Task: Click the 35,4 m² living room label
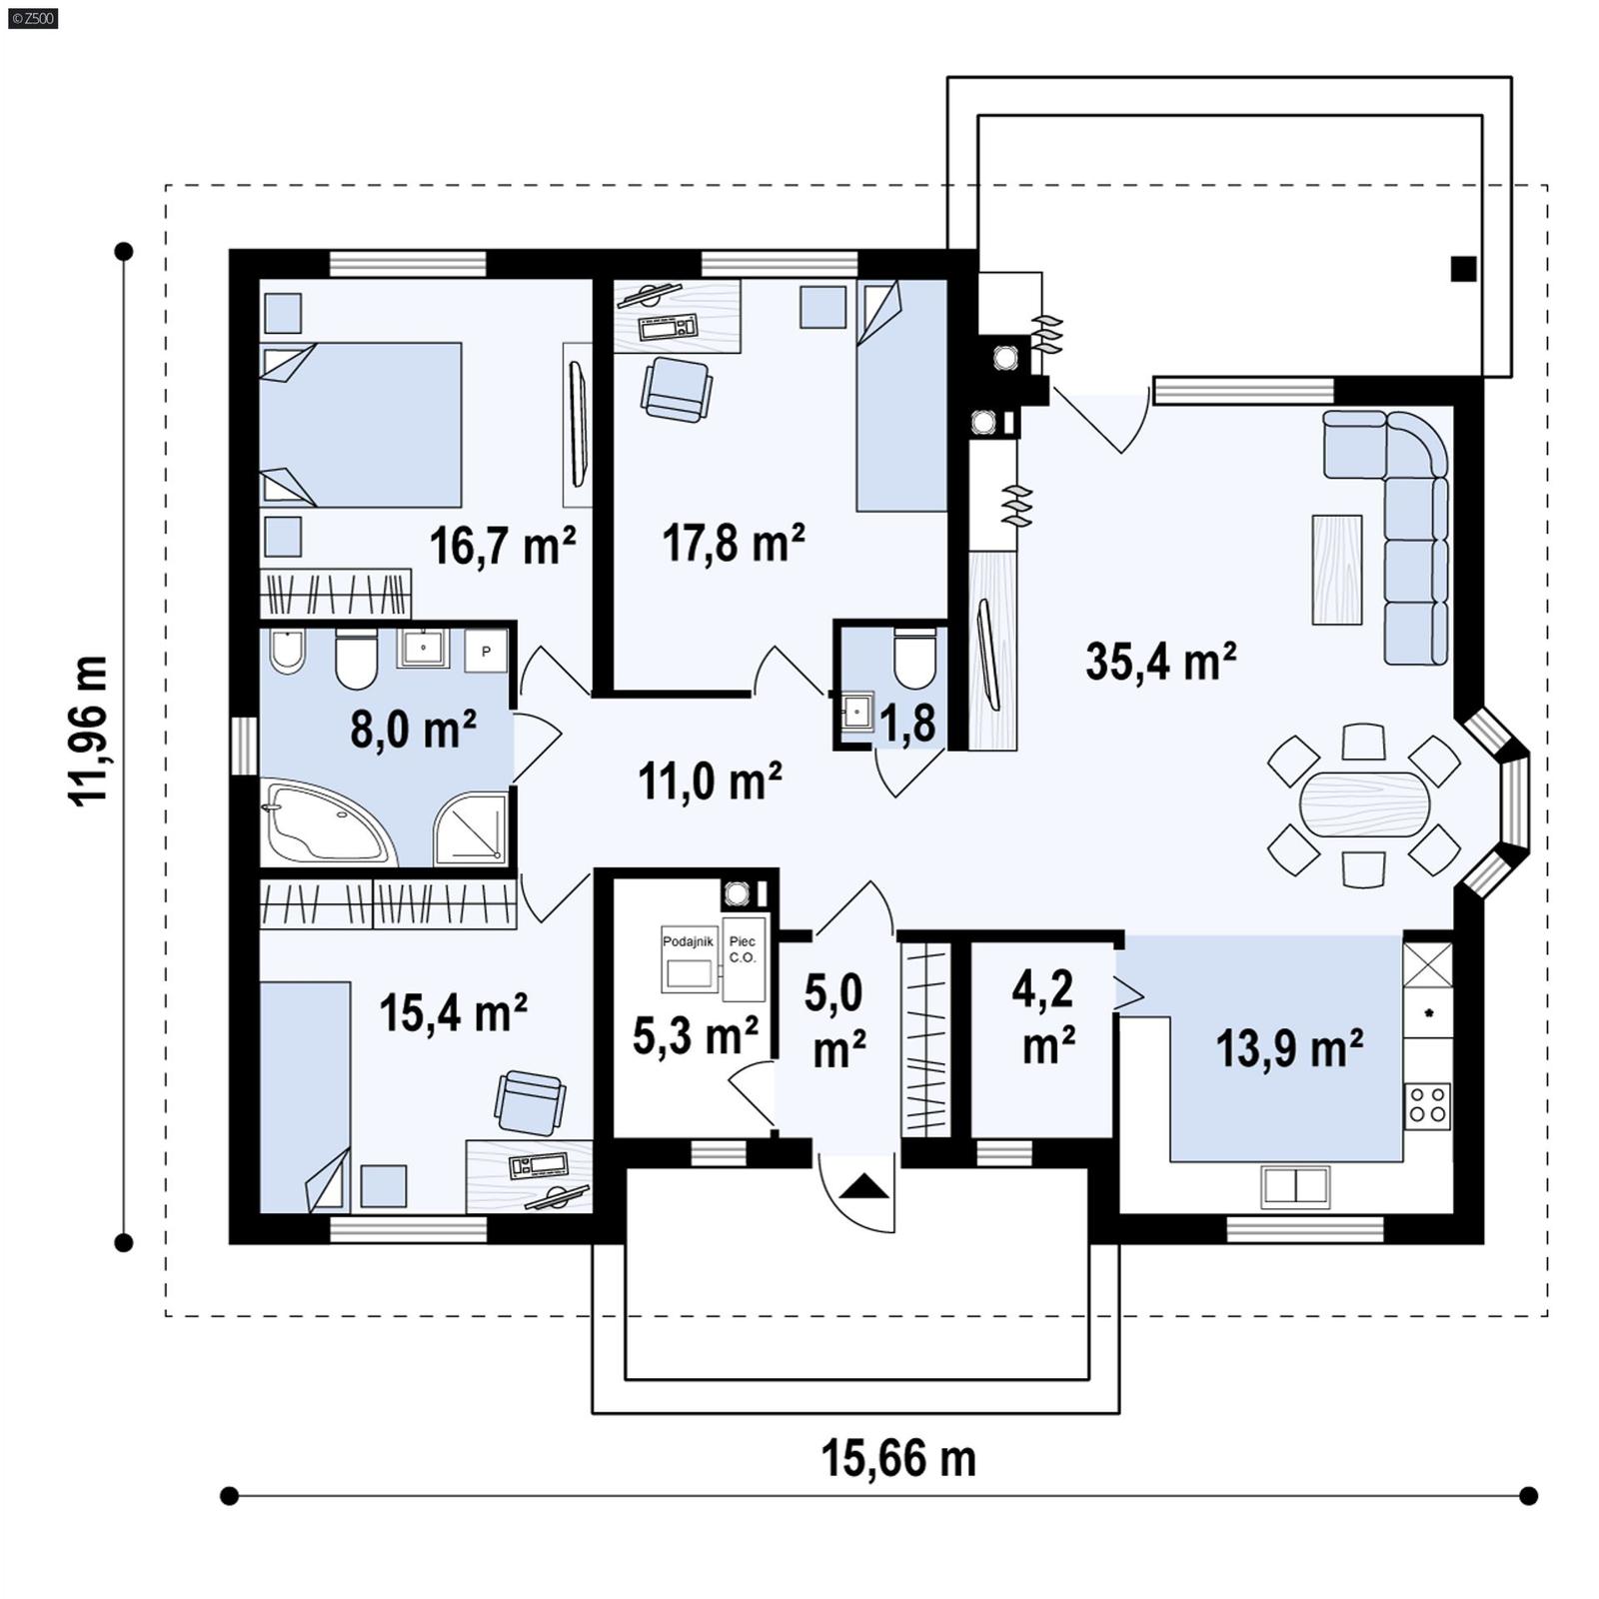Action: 1160,662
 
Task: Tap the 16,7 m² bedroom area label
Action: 503,546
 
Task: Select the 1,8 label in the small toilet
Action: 907,724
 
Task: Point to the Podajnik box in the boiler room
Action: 688,958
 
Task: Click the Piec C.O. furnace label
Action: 743,950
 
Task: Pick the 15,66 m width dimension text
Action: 897,1458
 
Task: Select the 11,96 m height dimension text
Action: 89,731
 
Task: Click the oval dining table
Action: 1363,803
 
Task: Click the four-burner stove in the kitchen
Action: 1427,1105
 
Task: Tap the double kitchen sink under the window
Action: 1295,1185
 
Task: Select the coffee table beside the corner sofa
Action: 1336,570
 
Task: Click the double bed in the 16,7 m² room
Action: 362,425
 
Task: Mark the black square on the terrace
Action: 1463,269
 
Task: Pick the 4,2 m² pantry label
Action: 1045,1016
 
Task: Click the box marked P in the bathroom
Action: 487,651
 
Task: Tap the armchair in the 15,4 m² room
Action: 530,1102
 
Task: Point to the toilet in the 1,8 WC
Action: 914,659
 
